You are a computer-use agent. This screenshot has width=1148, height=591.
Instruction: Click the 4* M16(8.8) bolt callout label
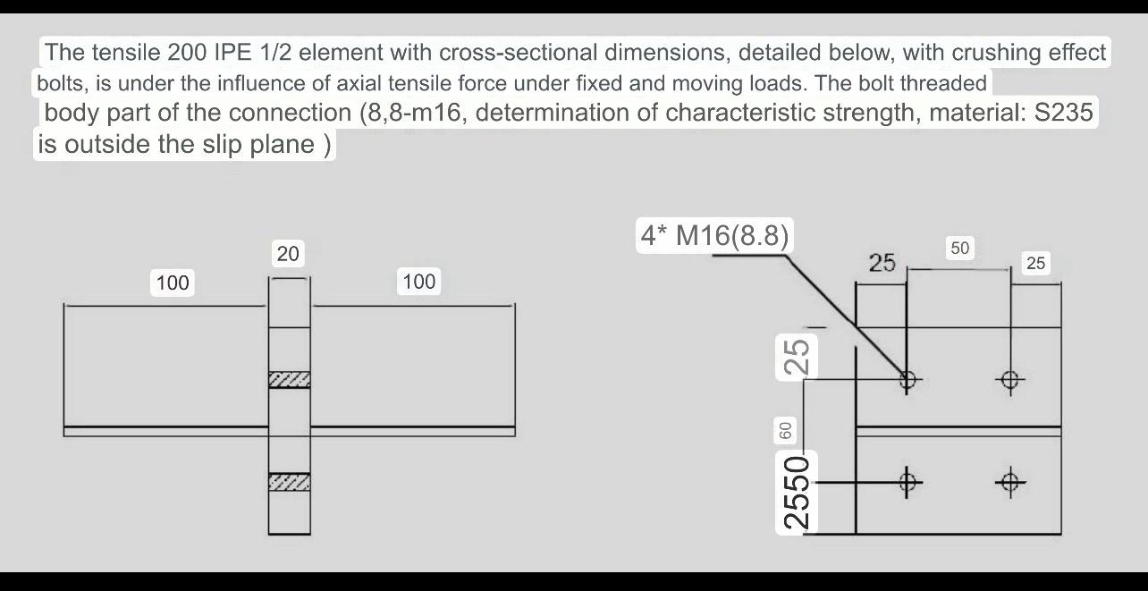click(x=714, y=235)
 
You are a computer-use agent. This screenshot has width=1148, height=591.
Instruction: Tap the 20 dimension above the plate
click(x=288, y=254)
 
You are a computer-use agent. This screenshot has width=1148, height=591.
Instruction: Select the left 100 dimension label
click(x=173, y=283)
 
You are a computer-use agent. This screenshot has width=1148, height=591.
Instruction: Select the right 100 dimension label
click(x=418, y=282)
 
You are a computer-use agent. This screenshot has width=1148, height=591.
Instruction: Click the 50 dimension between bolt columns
click(x=959, y=249)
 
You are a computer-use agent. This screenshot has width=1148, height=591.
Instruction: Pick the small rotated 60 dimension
click(x=786, y=430)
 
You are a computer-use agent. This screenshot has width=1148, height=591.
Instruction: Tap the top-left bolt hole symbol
click(x=907, y=380)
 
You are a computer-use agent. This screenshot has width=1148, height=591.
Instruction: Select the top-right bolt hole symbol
click(x=1010, y=380)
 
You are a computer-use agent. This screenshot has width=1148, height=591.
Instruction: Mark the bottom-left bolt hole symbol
click(x=907, y=483)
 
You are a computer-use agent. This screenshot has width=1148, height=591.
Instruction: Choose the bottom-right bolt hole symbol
click(x=1010, y=483)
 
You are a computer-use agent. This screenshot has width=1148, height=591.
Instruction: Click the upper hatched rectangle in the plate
click(x=290, y=380)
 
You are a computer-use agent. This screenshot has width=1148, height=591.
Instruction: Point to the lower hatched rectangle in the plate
click(x=290, y=482)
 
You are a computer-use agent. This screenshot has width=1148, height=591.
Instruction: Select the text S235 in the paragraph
click(x=1061, y=113)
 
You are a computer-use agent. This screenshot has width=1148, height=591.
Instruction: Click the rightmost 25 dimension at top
click(x=1035, y=263)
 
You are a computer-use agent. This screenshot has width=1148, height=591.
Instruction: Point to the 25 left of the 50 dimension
click(x=882, y=263)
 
